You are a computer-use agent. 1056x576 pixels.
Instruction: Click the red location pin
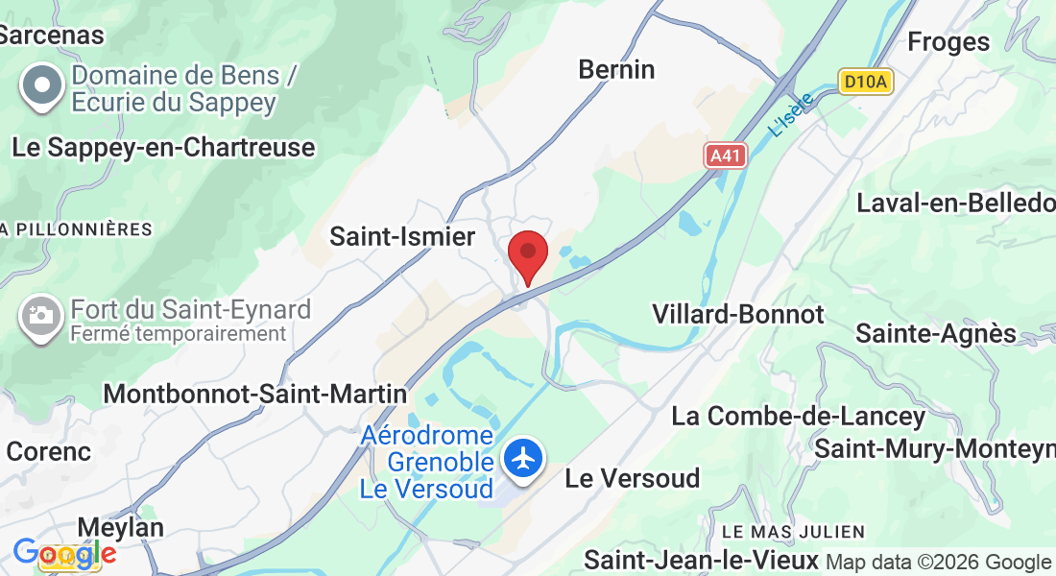point(527,253)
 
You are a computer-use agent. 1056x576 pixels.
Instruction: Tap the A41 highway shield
point(726,156)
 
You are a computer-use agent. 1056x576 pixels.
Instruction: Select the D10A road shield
point(866,83)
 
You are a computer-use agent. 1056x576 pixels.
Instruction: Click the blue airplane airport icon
point(523,458)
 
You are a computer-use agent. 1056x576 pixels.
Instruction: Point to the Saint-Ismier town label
point(402,236)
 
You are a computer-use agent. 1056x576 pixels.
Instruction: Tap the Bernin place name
point(616,69)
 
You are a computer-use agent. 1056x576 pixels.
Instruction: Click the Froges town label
point(948,41)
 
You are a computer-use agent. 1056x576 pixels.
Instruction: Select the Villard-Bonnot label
point(737,314)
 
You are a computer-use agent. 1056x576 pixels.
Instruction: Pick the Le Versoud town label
point(633,477)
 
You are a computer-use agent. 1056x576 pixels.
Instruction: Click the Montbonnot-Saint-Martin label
point(255,394)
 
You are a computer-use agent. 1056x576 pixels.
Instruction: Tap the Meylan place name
point(120,527)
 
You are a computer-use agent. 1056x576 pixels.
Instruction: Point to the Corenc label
point(49,450)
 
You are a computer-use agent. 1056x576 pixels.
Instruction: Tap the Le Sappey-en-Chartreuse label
point(163,147)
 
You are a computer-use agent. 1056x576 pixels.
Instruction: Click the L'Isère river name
point(790,113)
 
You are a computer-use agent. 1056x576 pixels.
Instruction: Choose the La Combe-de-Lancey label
point(798,416)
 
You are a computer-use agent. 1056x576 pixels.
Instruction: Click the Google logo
point(65,554)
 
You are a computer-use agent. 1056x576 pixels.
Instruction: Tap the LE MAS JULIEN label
point(793,531)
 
